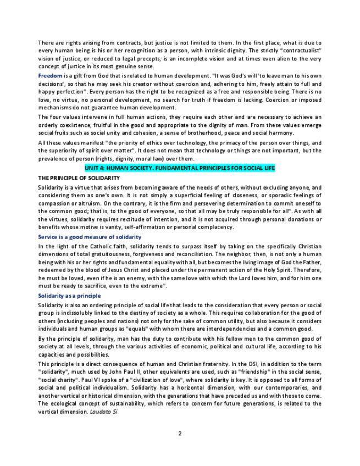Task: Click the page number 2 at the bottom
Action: coord(180,434)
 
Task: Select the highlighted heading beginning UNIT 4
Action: coord(179,168)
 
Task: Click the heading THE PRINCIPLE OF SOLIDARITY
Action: coord(79,178)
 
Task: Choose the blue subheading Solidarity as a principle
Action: coord(69,296)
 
